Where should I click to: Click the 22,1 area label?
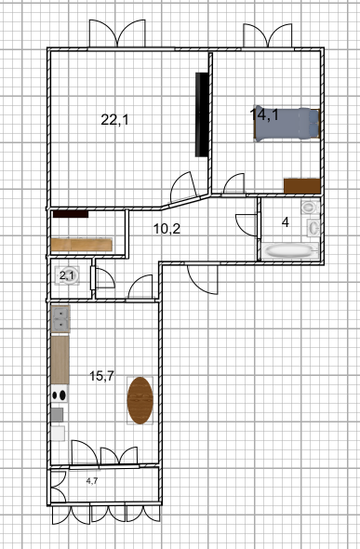click(114, 120)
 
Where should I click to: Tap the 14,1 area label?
click(264, 114)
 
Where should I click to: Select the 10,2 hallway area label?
click(167, 229)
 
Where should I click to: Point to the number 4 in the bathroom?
click(286, 222)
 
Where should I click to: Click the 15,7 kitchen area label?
click(101, 376)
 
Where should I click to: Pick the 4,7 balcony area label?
click(92, 481)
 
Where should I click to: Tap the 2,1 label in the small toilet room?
click(66, 276)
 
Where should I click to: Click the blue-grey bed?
click(287, 124)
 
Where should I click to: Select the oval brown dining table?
click(140, 400)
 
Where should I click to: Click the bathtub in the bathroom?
click(289, 250)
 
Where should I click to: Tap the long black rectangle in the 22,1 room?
click(202, 114)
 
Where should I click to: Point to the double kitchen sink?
click(60, 318)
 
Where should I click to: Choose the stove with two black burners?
click(60, 394)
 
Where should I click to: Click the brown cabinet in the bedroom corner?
click(302, 186)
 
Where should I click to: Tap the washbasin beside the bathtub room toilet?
click(313, 228)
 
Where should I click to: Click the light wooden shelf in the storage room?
click(82, 245)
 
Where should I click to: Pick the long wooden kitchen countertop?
click(60, 360)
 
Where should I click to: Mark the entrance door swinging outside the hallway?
click(202, 279)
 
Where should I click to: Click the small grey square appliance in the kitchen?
click(58, 415)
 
